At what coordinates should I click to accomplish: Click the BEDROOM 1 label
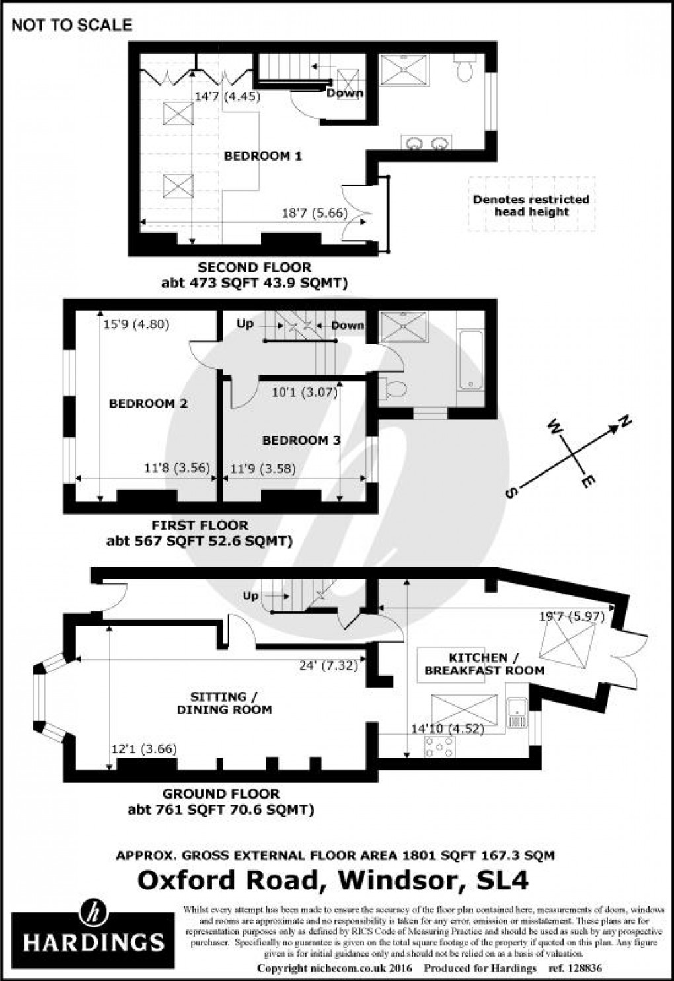[263, 156]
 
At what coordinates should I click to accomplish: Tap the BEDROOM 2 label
[148, 404]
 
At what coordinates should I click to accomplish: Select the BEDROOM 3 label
[301, 440]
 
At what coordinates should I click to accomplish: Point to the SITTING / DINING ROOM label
[225, 703]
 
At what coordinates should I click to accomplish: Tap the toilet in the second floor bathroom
[465, 69]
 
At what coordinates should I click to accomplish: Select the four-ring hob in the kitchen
[438, 746]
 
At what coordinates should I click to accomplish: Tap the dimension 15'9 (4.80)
[137, 324]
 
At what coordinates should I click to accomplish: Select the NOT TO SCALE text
[72, 25]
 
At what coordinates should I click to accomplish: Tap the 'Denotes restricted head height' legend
[531, 205]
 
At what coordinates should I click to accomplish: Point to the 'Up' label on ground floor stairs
[250, 596]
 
